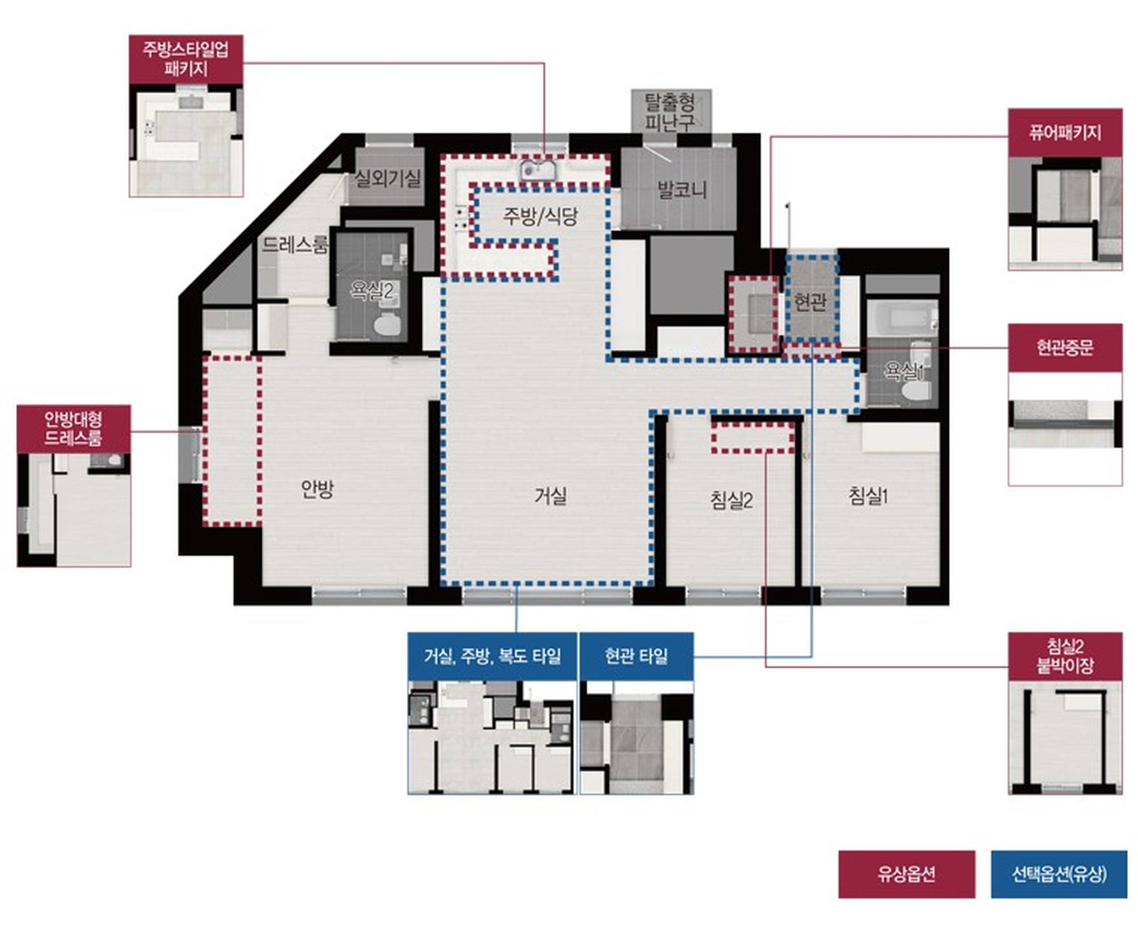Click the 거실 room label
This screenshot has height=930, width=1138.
(550, 496)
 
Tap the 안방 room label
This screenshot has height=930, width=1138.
(317, 489)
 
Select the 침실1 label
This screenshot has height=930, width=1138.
(868, 495)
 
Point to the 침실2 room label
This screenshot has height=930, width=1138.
(731, 499)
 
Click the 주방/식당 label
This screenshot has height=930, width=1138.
(540, 216)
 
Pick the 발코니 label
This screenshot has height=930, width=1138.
(682, 189)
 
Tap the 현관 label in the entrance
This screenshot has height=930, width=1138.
(810, 301)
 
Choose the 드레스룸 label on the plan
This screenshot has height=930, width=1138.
(295, 245)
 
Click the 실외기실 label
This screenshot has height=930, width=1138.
(388, 178)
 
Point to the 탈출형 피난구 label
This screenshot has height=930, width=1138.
(670, 111)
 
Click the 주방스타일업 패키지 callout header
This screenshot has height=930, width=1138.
(186, 59)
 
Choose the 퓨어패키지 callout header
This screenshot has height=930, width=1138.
(1065, 132)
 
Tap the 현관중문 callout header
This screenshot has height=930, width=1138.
(1065, 347)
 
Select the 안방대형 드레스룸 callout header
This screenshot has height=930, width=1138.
(74, 429)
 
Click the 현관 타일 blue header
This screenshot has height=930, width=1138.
(636, 656)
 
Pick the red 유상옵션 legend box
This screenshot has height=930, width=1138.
(907, 874)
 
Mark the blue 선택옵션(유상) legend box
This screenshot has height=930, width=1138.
(1059, 874)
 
